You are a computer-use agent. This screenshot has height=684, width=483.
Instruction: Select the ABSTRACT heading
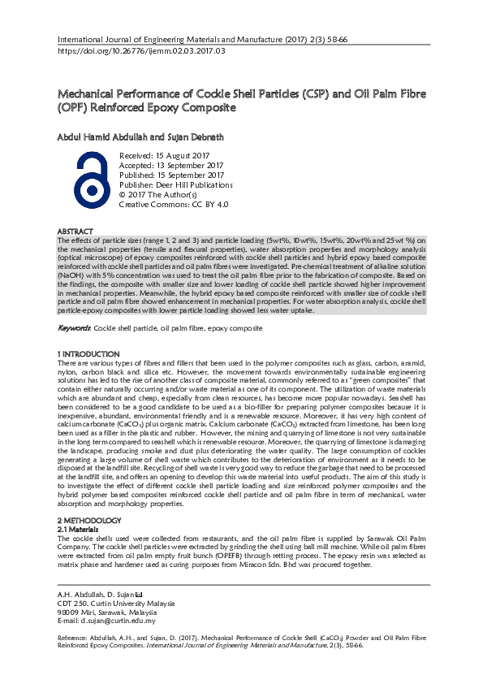(x=75, y=232)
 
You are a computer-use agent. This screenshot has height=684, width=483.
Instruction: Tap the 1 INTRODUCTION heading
(x=88, y=354)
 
